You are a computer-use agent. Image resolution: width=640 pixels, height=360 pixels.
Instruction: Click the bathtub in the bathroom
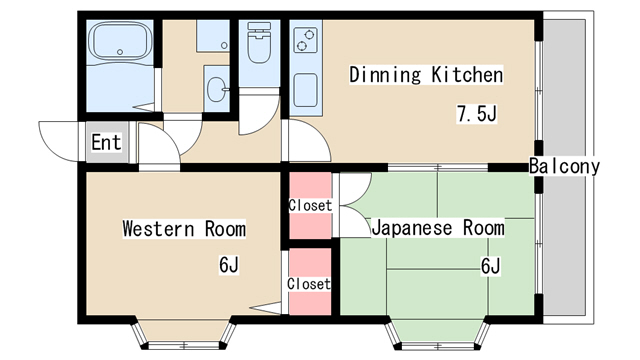click(x=119, y=44)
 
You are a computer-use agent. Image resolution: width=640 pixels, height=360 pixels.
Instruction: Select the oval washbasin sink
click(x=215, y=89)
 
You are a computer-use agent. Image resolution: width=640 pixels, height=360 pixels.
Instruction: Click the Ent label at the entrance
click(x=106, y=143)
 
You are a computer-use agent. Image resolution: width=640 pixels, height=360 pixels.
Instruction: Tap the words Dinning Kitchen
click(x=425, y=75)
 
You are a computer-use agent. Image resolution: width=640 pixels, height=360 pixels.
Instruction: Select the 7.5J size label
click(x=476, y=114)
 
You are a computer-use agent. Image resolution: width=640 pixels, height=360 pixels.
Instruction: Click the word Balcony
click(x=565, y=166)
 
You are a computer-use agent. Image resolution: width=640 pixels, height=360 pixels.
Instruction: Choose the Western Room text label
click(x=184, y=229)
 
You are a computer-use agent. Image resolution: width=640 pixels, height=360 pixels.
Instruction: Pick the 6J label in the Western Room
click(x=229, y=265)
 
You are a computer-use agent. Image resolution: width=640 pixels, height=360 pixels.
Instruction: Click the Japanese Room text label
click(x=438, y=228)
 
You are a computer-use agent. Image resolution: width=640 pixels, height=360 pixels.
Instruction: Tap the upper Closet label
click(x=309, y=206)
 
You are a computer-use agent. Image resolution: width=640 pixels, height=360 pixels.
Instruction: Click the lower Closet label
click(x=309, y=284)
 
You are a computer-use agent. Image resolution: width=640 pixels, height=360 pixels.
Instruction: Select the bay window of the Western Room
click(x=184, y=334)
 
